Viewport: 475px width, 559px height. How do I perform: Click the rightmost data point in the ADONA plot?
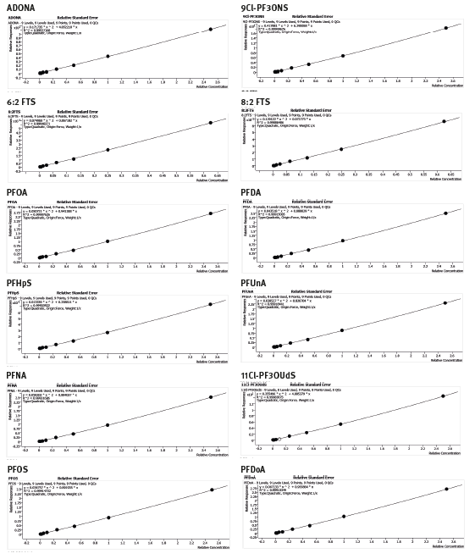pyautogui.click(x=211, y=29)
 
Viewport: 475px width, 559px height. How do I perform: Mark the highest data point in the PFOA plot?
pyautogui.click(x=211, y=213)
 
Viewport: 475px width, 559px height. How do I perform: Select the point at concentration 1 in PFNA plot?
pyautogui.click(x=108, y=424)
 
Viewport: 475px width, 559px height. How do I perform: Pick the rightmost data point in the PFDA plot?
pyautogui.click(x=445, y=213)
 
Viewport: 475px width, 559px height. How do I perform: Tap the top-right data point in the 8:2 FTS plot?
pyautogui.click(x=444, y=121)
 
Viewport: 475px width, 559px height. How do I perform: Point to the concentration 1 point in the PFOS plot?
pyautogui.click(x=108, y=517)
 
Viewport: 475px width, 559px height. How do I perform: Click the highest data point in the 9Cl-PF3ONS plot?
pyautogui.click(x=445, y=28)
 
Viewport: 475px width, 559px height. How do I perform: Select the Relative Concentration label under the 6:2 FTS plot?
pyautogui.click(x=213, y=179)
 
